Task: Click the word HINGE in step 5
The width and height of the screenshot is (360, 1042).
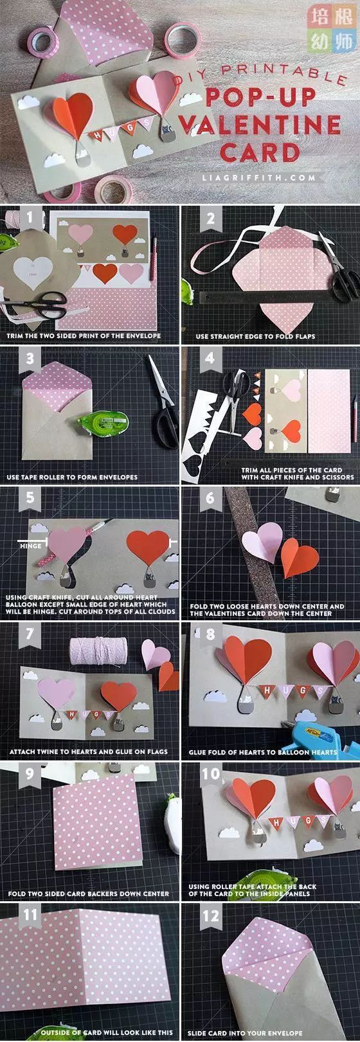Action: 31,546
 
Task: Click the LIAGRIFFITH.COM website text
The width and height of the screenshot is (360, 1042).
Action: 258,177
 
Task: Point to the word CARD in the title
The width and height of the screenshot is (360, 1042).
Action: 260,152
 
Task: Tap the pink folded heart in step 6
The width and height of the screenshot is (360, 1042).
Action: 262,542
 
